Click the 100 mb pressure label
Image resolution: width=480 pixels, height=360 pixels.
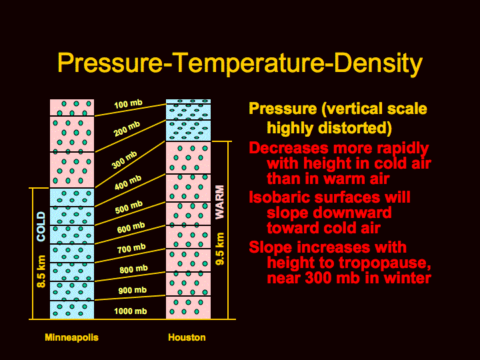click(128, 104)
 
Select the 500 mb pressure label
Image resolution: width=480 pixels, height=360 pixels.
click(129, 207)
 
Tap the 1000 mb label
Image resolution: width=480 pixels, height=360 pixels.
click(131, 311)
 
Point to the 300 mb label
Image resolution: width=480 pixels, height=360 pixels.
click(124, 160)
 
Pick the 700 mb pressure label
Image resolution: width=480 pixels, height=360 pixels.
click(131, 249)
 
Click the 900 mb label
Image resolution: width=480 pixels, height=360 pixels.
click(133, 290)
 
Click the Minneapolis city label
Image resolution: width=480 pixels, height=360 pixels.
click(71, 337)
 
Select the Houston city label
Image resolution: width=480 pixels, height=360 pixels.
click(187, 337)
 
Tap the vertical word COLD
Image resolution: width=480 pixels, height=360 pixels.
click(41, 227)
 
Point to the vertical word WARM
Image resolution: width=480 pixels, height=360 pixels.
click(219, 203)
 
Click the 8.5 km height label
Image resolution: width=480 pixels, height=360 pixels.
click(41, 271)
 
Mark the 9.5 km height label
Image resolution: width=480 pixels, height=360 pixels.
click(220, 249)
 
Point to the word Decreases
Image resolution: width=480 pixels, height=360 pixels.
click(289, 148)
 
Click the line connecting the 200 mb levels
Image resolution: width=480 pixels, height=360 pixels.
click(130, 136)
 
